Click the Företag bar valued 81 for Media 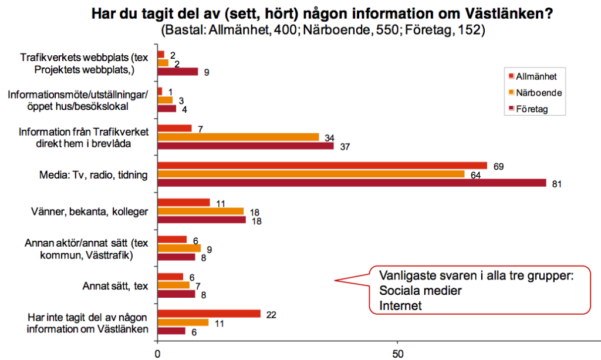[x=352, y=183]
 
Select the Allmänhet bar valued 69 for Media [x=322, y=166]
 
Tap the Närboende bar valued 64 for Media [x=310, y=174]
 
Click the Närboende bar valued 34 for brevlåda [x=238, y=137]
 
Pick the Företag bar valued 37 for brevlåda [x=245, y=146]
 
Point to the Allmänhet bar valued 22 [x=209, y=314]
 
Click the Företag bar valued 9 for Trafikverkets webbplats [x=178, y=72]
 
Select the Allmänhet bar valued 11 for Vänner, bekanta [x=183, y=203]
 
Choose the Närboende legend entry [x=537, y=92]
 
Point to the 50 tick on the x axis [x=397, y=354]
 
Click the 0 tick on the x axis [x=157, y=354]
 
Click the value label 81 [x=558, y=184]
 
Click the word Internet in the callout [x=401, y=305]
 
